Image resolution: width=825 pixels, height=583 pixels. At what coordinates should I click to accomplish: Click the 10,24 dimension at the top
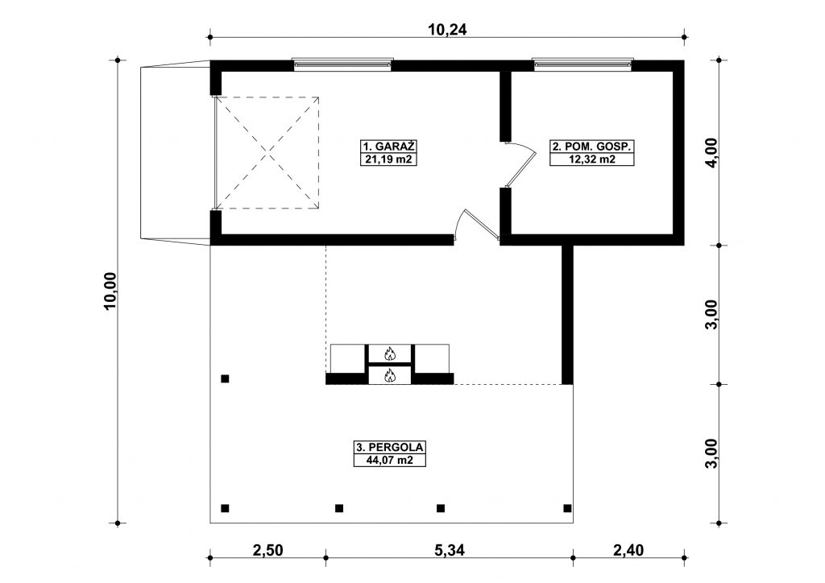pos(446,30)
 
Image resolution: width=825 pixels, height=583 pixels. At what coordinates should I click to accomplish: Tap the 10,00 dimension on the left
pos(111,291)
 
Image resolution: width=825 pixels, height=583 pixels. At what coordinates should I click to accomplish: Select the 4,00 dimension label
pos(711,152)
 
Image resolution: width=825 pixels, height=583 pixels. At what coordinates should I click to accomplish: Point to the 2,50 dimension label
pos(267,550)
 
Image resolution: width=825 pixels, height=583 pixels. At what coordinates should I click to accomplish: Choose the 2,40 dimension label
pos(628,550)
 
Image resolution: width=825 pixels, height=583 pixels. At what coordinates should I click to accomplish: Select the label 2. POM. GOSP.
pos(592,146)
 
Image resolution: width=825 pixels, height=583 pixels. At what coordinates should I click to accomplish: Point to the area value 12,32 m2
pos(592,159)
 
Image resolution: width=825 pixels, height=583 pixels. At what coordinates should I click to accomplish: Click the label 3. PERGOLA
pos(389,448)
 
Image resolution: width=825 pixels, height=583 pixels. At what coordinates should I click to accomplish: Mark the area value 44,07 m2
pos(389,460)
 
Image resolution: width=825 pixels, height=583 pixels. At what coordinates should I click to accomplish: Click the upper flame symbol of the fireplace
pos(389,354)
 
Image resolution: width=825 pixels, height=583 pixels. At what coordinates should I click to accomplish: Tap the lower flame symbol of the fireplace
pos(389,375)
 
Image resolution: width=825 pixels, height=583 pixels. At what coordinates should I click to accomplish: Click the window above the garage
pos(342,63)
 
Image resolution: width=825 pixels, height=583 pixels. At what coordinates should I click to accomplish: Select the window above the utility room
pos(582,63)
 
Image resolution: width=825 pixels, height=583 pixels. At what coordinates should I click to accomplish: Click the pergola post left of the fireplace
pos(225,378)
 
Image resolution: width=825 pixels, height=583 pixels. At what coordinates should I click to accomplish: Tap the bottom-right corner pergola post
pos(567,508)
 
